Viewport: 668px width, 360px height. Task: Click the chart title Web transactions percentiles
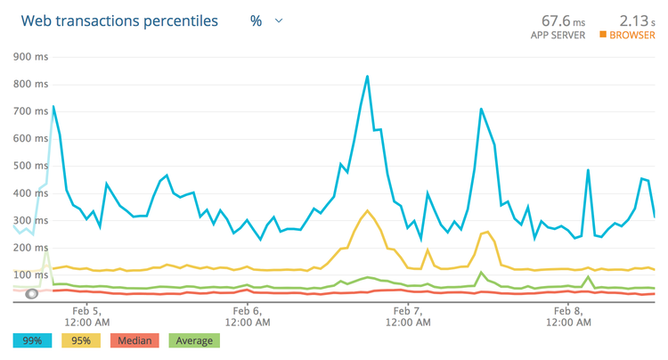pos(119,20)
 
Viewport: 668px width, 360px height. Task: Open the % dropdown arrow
pos(279,20)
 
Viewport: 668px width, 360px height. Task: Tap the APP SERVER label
pos(558,36)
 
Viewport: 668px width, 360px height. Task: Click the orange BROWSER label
pos(631,36)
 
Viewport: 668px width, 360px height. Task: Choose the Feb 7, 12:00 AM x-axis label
pos(406,315)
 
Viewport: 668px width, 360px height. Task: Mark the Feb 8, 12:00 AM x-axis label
pos(568,315)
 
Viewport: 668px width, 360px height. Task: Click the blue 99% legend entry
pos(33,340)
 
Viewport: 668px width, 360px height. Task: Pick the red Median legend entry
pos(134,340)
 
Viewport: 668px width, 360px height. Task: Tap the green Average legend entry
pos(192,340)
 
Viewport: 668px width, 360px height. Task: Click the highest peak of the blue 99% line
pos(367,76)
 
